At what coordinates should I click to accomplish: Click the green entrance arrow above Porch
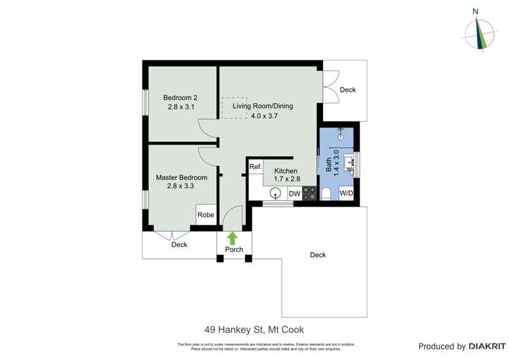(232, 238)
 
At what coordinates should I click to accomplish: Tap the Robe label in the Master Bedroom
(206, 215)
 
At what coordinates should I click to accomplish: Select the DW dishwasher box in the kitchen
(295, 194)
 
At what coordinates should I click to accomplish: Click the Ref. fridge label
(255, 167)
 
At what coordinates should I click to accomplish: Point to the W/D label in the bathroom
(346, 194)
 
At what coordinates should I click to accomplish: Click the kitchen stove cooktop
(309, 194)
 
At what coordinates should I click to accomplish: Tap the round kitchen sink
(274, 194)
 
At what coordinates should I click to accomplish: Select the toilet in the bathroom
(327, 194)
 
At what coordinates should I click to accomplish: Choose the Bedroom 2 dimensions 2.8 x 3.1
(181, 107)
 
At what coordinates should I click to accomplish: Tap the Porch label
(234, 250)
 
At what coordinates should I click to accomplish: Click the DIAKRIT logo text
(483, 346)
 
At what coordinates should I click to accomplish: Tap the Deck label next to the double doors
(347, 90)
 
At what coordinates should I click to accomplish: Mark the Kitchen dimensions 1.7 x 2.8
(286, 179)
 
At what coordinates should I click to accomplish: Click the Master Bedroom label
(181, 177)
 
